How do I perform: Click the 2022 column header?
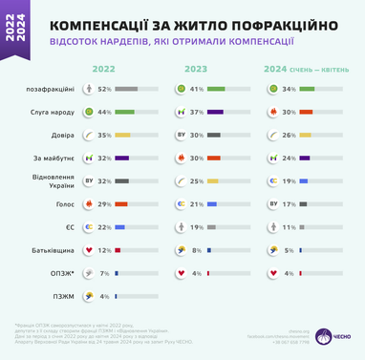click(104, 69)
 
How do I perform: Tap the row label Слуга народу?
click(51, 112)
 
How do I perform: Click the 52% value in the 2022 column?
click(105, 89)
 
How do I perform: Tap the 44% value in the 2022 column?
click(105, 112)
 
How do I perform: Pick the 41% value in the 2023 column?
click(198, 89)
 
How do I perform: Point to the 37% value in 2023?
click(198, 112)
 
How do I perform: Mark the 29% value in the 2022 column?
click(105, 204)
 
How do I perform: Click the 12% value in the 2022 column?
click(105, 250)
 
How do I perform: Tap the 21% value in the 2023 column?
click(198, 204)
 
